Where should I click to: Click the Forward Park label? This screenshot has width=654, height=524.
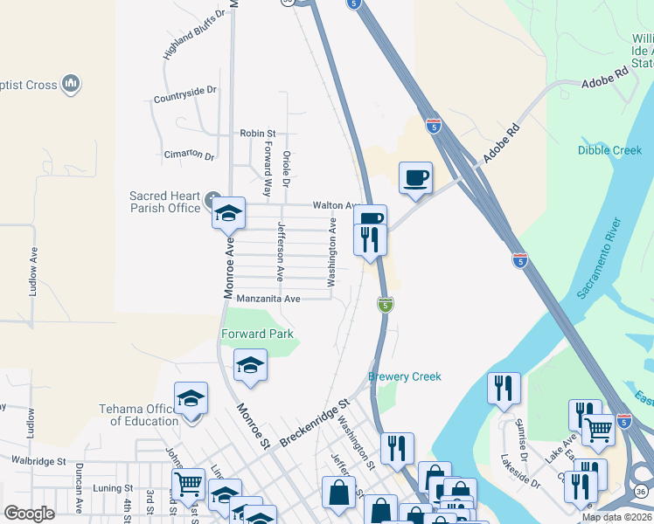click(257, 334)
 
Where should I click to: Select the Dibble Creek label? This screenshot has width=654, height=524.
click(609, 150)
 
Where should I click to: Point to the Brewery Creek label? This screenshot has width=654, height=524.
click(405, 377)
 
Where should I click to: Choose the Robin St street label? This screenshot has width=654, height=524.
click(258, 134)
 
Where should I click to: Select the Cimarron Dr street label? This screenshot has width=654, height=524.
click(189, 155)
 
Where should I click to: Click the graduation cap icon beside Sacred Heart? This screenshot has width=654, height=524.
click(228, 212)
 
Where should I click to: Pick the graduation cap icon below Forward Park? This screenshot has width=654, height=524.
click(250, 364)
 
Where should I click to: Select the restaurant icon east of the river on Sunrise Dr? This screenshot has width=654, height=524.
click(504, 388)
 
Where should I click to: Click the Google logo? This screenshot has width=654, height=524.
click(29, 514)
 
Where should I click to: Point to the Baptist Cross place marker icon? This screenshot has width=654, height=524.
click(72, 85)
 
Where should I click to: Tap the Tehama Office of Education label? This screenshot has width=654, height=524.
click(144, 415)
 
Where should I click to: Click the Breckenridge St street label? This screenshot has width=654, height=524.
click(315, 424)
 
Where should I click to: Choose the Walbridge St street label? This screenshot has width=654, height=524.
click(38, 459)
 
